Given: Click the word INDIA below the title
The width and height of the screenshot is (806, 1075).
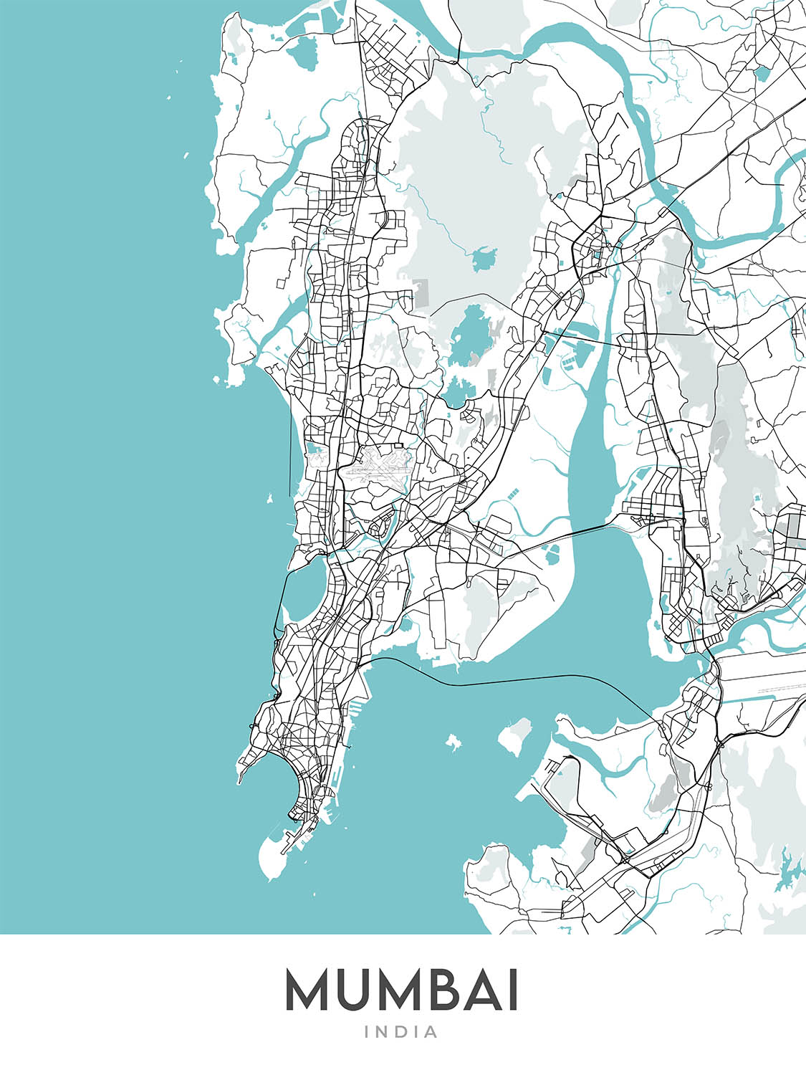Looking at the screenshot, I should [402, 1032].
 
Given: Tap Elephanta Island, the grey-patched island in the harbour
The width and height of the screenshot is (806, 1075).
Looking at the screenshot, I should [514, 737].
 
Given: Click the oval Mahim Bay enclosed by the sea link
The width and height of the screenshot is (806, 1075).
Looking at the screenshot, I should [305, 588].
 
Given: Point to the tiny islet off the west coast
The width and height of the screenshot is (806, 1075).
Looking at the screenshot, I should [270, 499].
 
